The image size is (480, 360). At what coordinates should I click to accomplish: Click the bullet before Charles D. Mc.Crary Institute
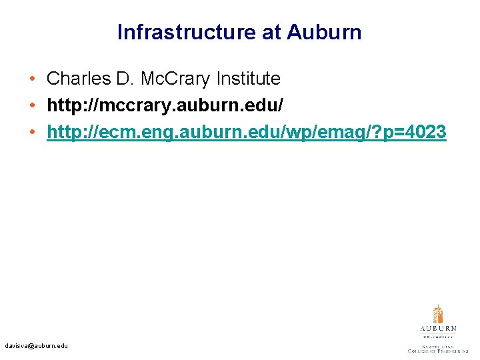[x=33, y=79]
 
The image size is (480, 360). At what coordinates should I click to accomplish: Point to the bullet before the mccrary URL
[x=33, y=106]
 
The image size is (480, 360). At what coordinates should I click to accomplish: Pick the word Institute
[x=248, y=79]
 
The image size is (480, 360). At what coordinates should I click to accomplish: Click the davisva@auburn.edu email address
[x=36, y=346]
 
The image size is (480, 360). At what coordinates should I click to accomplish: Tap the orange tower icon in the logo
[x=438, y=314]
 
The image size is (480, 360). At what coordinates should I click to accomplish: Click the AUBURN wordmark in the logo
[x=438, y=329]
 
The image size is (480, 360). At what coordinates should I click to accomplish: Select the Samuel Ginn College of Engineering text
[x=438, y=347]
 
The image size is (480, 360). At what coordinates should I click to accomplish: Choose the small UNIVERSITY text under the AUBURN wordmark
[x=438, y=337]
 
